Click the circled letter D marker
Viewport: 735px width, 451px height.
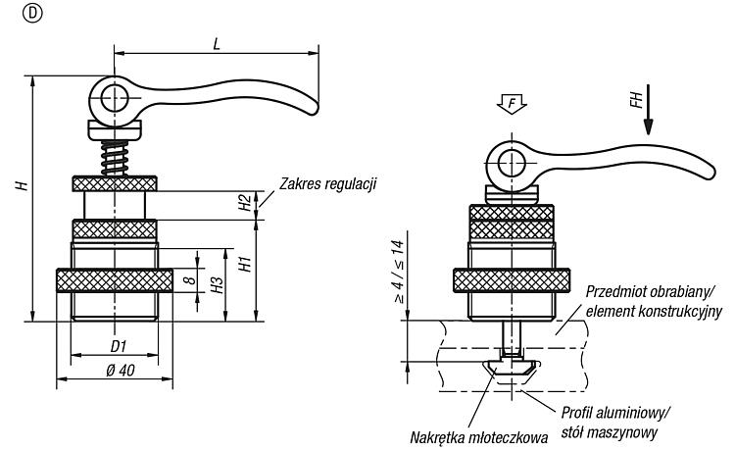click(x=32, y=14)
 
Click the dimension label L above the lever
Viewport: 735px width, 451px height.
click(x=217, y=43)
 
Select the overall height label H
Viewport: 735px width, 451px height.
click(x=22, y=184)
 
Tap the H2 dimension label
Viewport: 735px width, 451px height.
click(x=244, y=203)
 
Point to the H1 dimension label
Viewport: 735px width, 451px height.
click(x=245, y=264)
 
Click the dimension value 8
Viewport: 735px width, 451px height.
click(x=189, y=280)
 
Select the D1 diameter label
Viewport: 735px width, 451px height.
click(x=119, y=346)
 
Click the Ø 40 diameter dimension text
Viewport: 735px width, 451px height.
click(x=121, y=370)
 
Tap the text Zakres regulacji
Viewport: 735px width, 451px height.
click(x=328, y=183)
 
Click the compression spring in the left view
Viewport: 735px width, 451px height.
click(x=114, y=158)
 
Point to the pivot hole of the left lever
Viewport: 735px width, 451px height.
click(x=115, y=99)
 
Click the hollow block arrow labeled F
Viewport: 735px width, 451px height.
click(x=511, y=103)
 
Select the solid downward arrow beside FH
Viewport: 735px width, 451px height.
click(x=648, y=109)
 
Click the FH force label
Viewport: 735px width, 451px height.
click(x=636, y=100)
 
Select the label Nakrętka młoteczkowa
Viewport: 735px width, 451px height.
click(x=478, y=438)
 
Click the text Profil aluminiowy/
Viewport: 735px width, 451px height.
click(x=615, y=414)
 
